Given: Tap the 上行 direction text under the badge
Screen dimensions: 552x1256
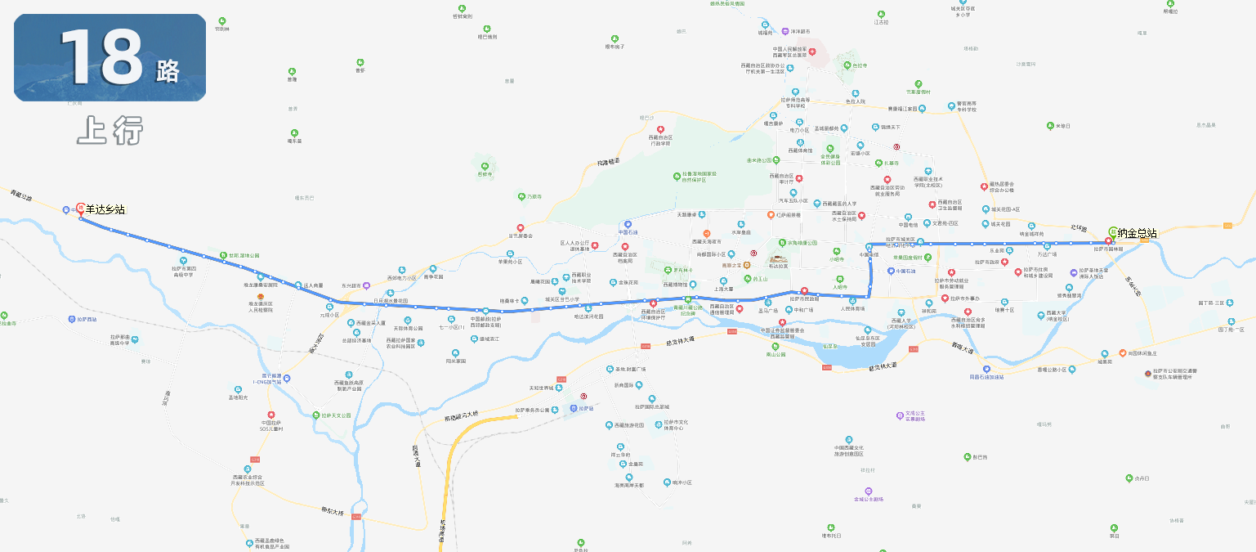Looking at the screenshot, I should [110, 130].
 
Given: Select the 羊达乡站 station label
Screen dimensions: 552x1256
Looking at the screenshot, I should [105, 209].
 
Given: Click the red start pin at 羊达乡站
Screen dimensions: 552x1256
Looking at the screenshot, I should [80, 209].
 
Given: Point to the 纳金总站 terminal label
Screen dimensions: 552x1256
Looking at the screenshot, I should [1137, 233].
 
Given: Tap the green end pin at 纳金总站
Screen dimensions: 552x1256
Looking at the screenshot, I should [1113, 232].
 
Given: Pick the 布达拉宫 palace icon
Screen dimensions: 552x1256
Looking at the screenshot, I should [776, 258].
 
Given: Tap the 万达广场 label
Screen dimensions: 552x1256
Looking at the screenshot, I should [1047, 254].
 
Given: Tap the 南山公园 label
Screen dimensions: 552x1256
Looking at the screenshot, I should [775, 355].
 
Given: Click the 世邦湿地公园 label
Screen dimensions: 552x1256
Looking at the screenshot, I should [243, 255].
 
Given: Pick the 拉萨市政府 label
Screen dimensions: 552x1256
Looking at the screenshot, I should [987, 263].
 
